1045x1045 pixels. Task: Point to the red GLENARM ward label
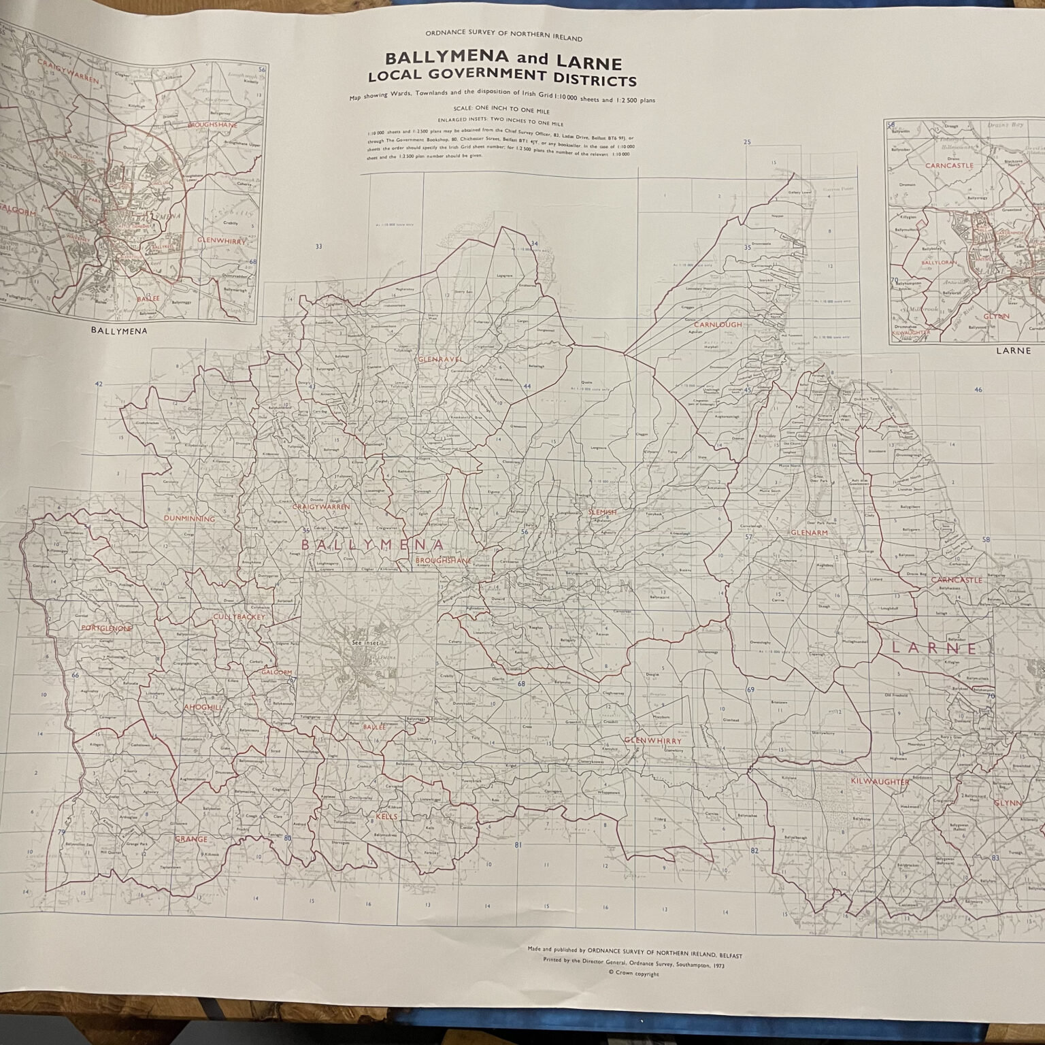click(809, 533)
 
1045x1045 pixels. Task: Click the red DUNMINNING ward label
click(189, 519)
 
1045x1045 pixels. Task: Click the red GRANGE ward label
click(190, 840)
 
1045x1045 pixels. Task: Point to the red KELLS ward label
click(386, 816)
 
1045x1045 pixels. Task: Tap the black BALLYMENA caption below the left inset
click(119, 331)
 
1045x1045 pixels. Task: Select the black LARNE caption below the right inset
click(1013, 351)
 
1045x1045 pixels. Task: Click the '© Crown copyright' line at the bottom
click(634, 974)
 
